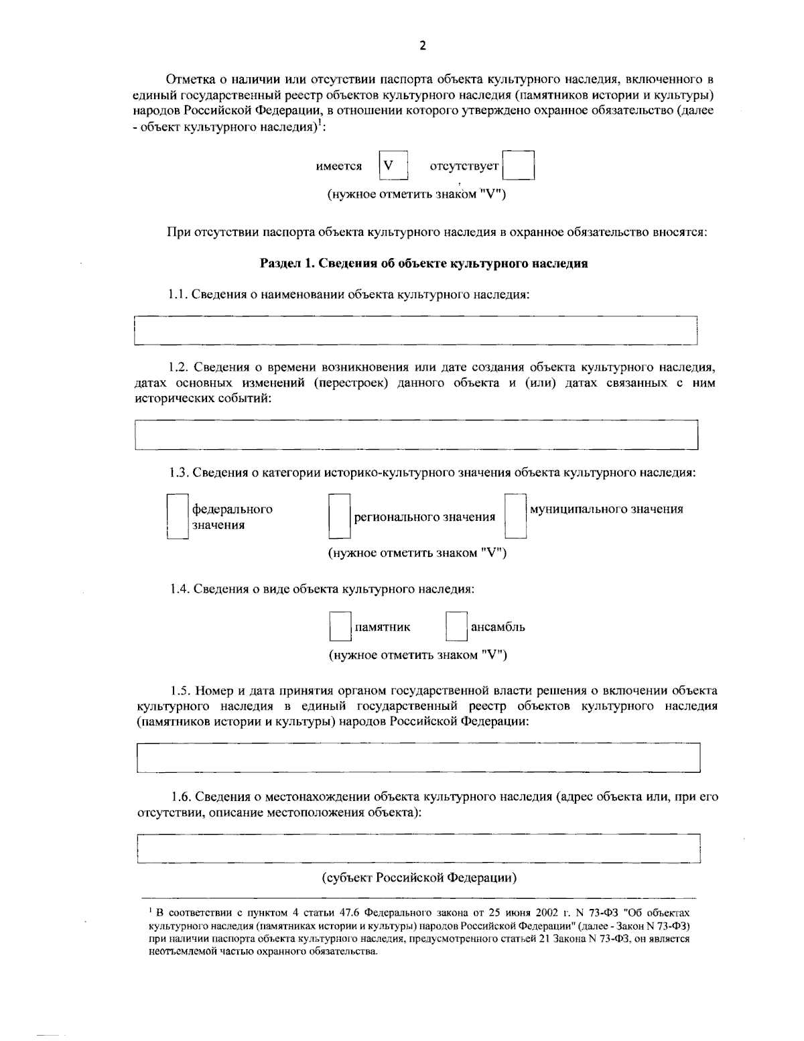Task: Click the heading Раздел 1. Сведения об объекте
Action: pyautogui.click(x=423, y=263)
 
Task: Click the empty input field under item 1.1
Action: pyautogui.click(x=415, y=330)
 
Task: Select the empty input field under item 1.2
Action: pyautogui.click(x=415, y=434)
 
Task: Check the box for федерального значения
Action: pyautogui.click(x=177, y=516)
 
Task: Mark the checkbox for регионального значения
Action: pyautogui.click(x=339, y=516)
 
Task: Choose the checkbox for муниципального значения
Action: pyautogui.click(x=515, y=516)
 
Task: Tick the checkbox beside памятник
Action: pyautogui.click(x=340, y=627)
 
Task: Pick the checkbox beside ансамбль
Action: pyautogui.click(x=456, y=627)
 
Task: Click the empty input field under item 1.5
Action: pyautogui.click(x=418, y=757)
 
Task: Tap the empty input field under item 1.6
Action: pyautogui.click(x=418, y=849)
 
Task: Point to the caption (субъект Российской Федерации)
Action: pyautogui.click(x=419, y=878)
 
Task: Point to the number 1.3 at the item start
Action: pyautogui.click(x=178, y=473)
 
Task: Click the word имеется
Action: pyautogui.click(x=338, y=166)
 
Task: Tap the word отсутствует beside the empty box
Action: pyautogui.click(x=464, y=166)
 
